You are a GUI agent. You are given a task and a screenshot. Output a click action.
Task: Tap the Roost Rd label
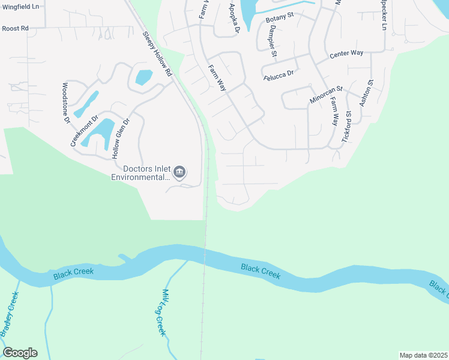pos(15,28)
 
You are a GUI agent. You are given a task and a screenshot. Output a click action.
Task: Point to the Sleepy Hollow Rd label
pos(157,54)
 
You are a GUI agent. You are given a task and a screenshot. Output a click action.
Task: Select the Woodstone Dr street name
pos(66,103)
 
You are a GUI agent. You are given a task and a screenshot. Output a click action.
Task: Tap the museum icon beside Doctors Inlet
pos(179,173)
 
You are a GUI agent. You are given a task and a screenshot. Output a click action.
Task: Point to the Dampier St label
pos(272,43)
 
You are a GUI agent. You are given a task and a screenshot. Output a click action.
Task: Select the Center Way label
pos(347,53)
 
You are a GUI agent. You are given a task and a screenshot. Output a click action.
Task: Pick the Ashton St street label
pos(366,93)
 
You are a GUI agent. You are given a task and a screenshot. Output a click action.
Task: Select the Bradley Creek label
pos(10,314)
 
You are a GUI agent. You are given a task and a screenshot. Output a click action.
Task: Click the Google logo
pos(20,353)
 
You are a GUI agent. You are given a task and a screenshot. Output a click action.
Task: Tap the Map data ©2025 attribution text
pos(423,355)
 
